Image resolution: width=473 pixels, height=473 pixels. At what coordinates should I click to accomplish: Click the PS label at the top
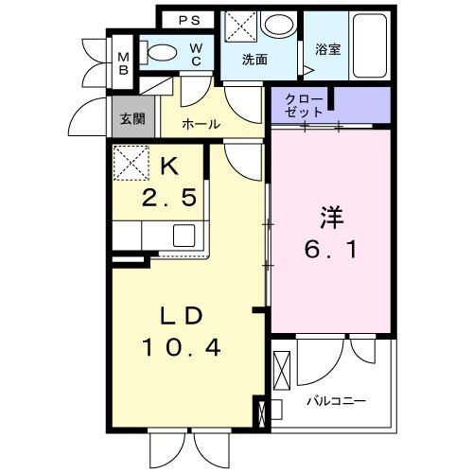pos(189,18)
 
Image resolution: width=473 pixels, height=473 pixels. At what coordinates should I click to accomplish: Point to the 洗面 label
pos(254,59)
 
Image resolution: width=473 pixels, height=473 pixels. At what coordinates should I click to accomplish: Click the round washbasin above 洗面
pos(278,26)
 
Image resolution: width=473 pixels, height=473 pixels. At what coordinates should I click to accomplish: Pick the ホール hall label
pos(201,124)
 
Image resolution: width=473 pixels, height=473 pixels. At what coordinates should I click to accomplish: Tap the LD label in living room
pos(181,315)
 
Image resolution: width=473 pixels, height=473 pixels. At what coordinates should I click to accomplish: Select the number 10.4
pos(181,348)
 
